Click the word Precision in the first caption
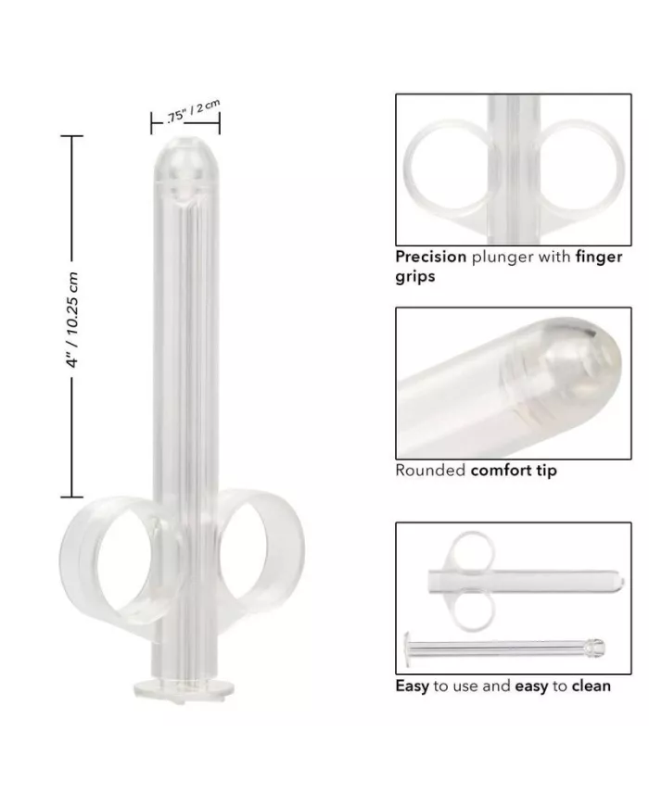click(x=430, y=257)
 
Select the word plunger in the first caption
click(x=502, y=257)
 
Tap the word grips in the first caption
click(x=415, y=275)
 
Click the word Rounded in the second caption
click(x=430, y=470)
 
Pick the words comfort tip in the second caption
click(x=514, y=470)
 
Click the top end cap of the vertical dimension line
click(x=72, y=135)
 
